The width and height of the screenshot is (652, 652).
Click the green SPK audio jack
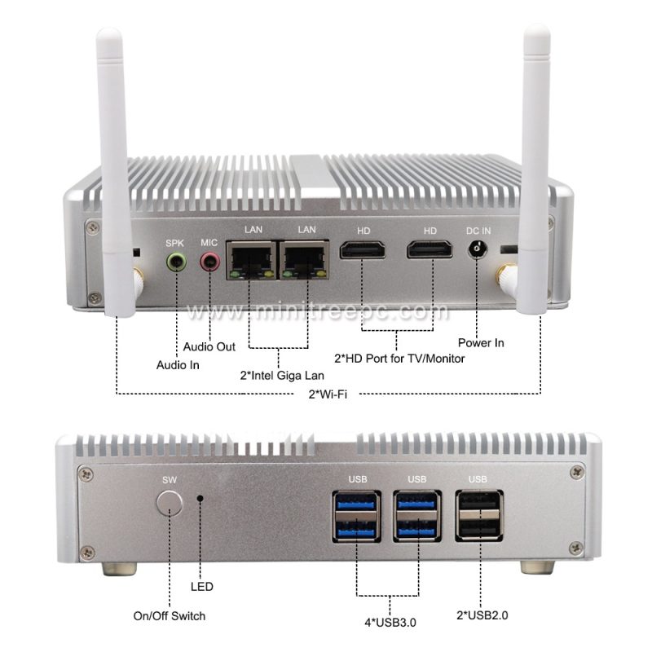(176, 262)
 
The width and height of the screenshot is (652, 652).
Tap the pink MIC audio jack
(210, 262)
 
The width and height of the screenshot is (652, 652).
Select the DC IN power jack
(478, 249)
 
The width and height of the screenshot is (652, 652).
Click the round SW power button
(170, 501)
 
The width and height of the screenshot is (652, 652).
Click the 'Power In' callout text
(481, 343)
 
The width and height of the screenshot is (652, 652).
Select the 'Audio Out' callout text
(209, 347)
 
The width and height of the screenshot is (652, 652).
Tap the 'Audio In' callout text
(178, 365)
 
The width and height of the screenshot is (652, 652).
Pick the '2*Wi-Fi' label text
(327, 394)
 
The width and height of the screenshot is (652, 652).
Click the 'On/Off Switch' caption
(170, 616)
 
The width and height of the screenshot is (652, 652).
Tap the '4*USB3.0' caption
(389, 624)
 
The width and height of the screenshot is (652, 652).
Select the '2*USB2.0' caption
(481, 616)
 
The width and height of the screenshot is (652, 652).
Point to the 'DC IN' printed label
(478, 230)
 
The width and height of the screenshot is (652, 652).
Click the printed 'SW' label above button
(170, 479)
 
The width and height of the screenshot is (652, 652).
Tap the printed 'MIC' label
(209, 243)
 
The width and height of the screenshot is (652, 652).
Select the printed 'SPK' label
(175, 243)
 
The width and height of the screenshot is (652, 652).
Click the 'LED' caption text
(201, 586)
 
